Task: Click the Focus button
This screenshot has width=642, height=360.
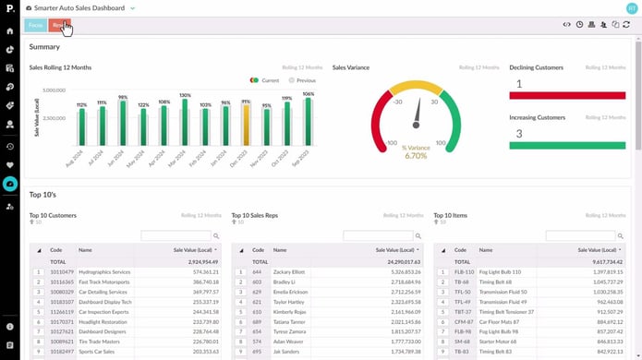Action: pos(36,26)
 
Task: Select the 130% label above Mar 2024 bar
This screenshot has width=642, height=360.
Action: pos(185,95)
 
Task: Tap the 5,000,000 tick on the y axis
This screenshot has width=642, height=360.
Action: pos(53,90)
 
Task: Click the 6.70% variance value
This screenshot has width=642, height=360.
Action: pos(416,156)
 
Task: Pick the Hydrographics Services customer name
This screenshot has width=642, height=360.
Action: pos(104,272)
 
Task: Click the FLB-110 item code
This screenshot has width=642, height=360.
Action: pos(464,272)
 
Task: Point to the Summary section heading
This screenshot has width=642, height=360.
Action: pos(44,47)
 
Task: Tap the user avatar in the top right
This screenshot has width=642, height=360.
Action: pos(631,7)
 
